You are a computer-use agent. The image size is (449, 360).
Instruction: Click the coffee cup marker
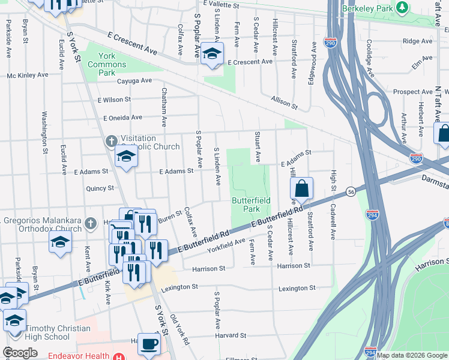149,345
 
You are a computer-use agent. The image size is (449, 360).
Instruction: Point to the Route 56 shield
351,192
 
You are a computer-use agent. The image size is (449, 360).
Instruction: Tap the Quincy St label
100,188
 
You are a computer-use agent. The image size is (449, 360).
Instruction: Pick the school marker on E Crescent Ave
212,54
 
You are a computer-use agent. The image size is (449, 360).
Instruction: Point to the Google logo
20,353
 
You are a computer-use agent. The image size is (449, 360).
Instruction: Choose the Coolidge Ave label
370,59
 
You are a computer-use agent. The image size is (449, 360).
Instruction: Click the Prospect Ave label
413,92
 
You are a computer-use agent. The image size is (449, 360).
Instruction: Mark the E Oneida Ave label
122,118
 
